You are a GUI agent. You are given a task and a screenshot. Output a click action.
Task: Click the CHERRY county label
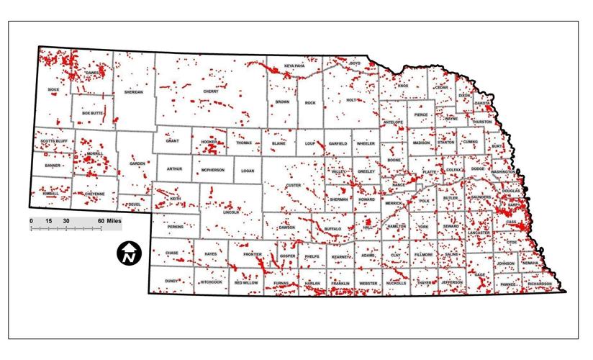pyautogui.click(x=211, y=91)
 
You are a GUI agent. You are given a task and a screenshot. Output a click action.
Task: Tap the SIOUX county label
pyautogui.click(x=52, y=89)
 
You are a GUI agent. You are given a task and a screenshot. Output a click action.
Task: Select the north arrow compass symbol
pyautogui.click(x=129, y=253)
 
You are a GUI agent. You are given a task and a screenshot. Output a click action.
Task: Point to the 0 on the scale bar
pyautogui.click(x=31, y=220)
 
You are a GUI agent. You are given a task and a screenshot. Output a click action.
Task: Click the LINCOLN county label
pyautogui.click(x=231, y=212)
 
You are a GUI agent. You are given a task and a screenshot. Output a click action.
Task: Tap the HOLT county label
pyautogui.click(x=351, y=100)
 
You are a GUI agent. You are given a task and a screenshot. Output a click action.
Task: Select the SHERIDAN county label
pyautogui.click(x=134, y=92)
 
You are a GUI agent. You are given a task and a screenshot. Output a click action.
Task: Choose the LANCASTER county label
pyautogui.click(x=478, y=233)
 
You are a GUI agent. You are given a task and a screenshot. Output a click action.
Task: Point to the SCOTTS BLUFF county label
pyautogui.click(x=53, y=141)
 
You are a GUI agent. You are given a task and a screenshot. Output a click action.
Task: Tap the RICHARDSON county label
pyautogui.click(x=539, y=284)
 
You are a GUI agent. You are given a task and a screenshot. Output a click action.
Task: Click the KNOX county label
pyautogui.click(x=403, y=86)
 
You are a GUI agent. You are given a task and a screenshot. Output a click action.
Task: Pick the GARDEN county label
pyautogui.click(x=137, y=163)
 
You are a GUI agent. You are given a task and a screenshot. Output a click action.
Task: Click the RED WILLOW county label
pyautogui.click(x=246, y=283)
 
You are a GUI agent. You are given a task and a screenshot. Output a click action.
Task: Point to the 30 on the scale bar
pyautogui.click(x=66, y=220)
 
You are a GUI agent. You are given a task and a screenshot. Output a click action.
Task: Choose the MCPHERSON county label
pyautogui.click(x=213, y=170)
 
